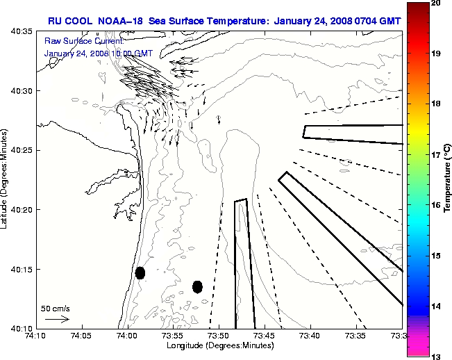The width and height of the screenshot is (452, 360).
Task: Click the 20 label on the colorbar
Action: coord(435,3)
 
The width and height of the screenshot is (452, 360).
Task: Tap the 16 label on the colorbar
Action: coord(435,206)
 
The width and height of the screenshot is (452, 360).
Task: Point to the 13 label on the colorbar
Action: coord(435,356)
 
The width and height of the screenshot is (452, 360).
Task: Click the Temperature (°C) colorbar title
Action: coord(448,177)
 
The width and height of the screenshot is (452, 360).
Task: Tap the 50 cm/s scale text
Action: coord(56,308)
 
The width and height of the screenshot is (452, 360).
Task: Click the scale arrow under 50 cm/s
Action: coord(57,319)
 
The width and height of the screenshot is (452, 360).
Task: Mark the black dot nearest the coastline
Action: coord(140,272)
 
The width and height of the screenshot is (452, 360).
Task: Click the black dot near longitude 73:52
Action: coord(197,286)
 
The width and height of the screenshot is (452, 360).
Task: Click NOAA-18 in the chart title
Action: coord(119,21)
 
